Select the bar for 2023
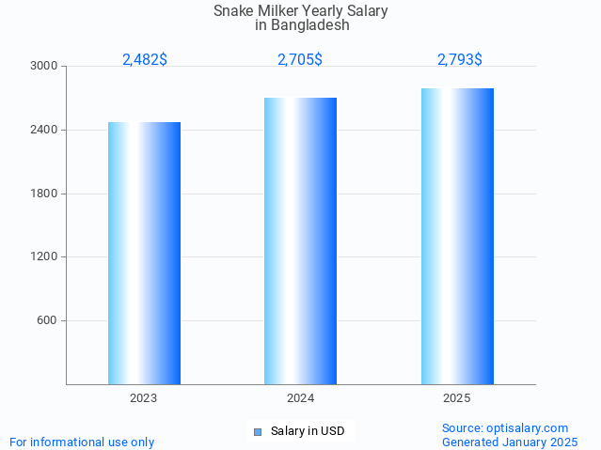pos(144,253)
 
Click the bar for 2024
pos(300,241)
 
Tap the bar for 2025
pos(457,236)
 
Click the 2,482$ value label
pos(145,59)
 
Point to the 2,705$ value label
pos(300,59)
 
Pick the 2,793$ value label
pos(460,59)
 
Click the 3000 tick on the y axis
pos(43,67)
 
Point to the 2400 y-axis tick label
pos(43,130)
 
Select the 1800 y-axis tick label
pos(43,194)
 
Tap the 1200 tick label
pos(43,256)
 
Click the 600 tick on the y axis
pos(47,320)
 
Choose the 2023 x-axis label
pos(144,398)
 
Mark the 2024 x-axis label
pos(300,398)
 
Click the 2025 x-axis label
pos(457,398)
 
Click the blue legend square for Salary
pos(257,432)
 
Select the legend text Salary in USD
pos(308,432)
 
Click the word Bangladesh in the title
pos(309,25)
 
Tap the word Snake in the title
pos(233,11)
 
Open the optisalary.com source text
pos(505,427)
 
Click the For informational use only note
pos(82,442)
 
